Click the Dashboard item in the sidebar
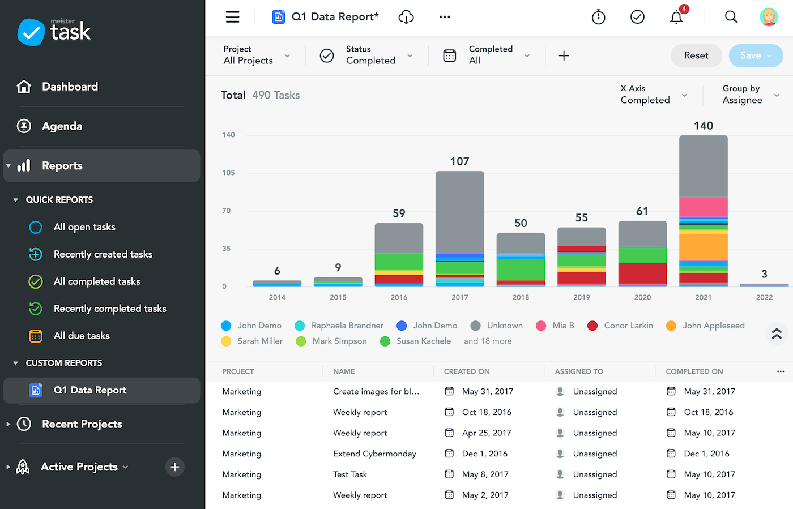(x=70, y=87)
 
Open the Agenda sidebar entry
(x=62, y=126)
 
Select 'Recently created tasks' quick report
(x=103, y=254)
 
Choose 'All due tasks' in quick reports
(x=82, y=336)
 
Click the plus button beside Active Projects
(x=175, y=467)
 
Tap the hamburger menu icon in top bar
(x=232, y=17)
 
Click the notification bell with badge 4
(x=676, y=18)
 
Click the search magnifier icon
(x=731, y=17)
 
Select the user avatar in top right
(x=769, y=17)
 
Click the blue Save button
(x=756, y=55)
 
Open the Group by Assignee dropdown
(x=751, y=95)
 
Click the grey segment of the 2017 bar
(x=459, y=211)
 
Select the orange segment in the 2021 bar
(x=703, y=246)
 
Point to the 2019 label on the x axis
(x=581, y=297)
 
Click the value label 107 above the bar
(x=459, y=161)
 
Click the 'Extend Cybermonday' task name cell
(x=374, y=454)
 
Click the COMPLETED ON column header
(x=694, y=371)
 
